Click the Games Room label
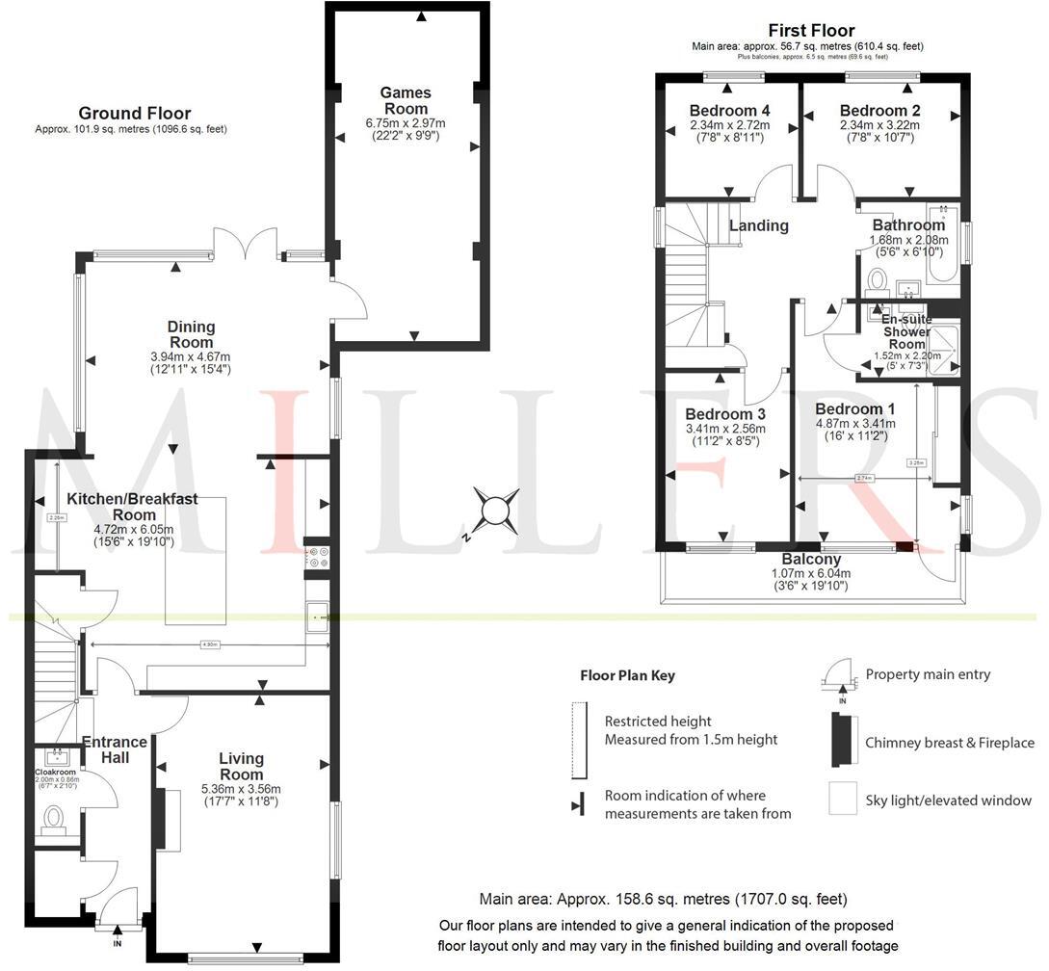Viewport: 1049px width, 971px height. [406, 100]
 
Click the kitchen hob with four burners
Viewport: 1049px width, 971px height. [317, 557]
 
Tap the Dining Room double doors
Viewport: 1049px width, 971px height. [247, 243]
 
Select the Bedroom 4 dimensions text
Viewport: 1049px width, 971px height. [729, 131]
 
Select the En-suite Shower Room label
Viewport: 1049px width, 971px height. [905, 329]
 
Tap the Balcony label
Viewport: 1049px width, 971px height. [812, 560]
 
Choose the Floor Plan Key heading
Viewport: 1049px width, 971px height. [627, 675]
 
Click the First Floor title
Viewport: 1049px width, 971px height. [811, 30]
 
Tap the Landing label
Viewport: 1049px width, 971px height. [758, 225]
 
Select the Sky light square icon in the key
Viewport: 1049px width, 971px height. [842, 799]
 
